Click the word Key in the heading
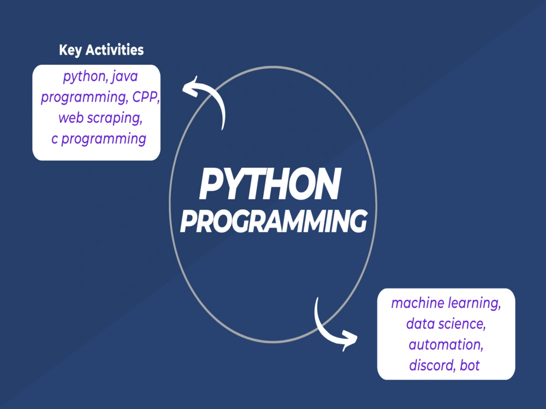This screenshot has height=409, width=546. coord(70,50)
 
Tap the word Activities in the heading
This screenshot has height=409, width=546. coord(115,50)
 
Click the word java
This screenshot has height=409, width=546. coord(125,77)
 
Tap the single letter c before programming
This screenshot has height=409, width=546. coord(55,139)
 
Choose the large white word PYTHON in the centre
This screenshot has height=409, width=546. coord(270,184)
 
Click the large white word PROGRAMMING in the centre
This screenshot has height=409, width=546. coord(274,221)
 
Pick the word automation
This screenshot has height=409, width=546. coord(446,345)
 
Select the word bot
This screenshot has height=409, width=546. coord(470,365)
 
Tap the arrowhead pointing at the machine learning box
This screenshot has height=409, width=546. coord(349,340)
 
